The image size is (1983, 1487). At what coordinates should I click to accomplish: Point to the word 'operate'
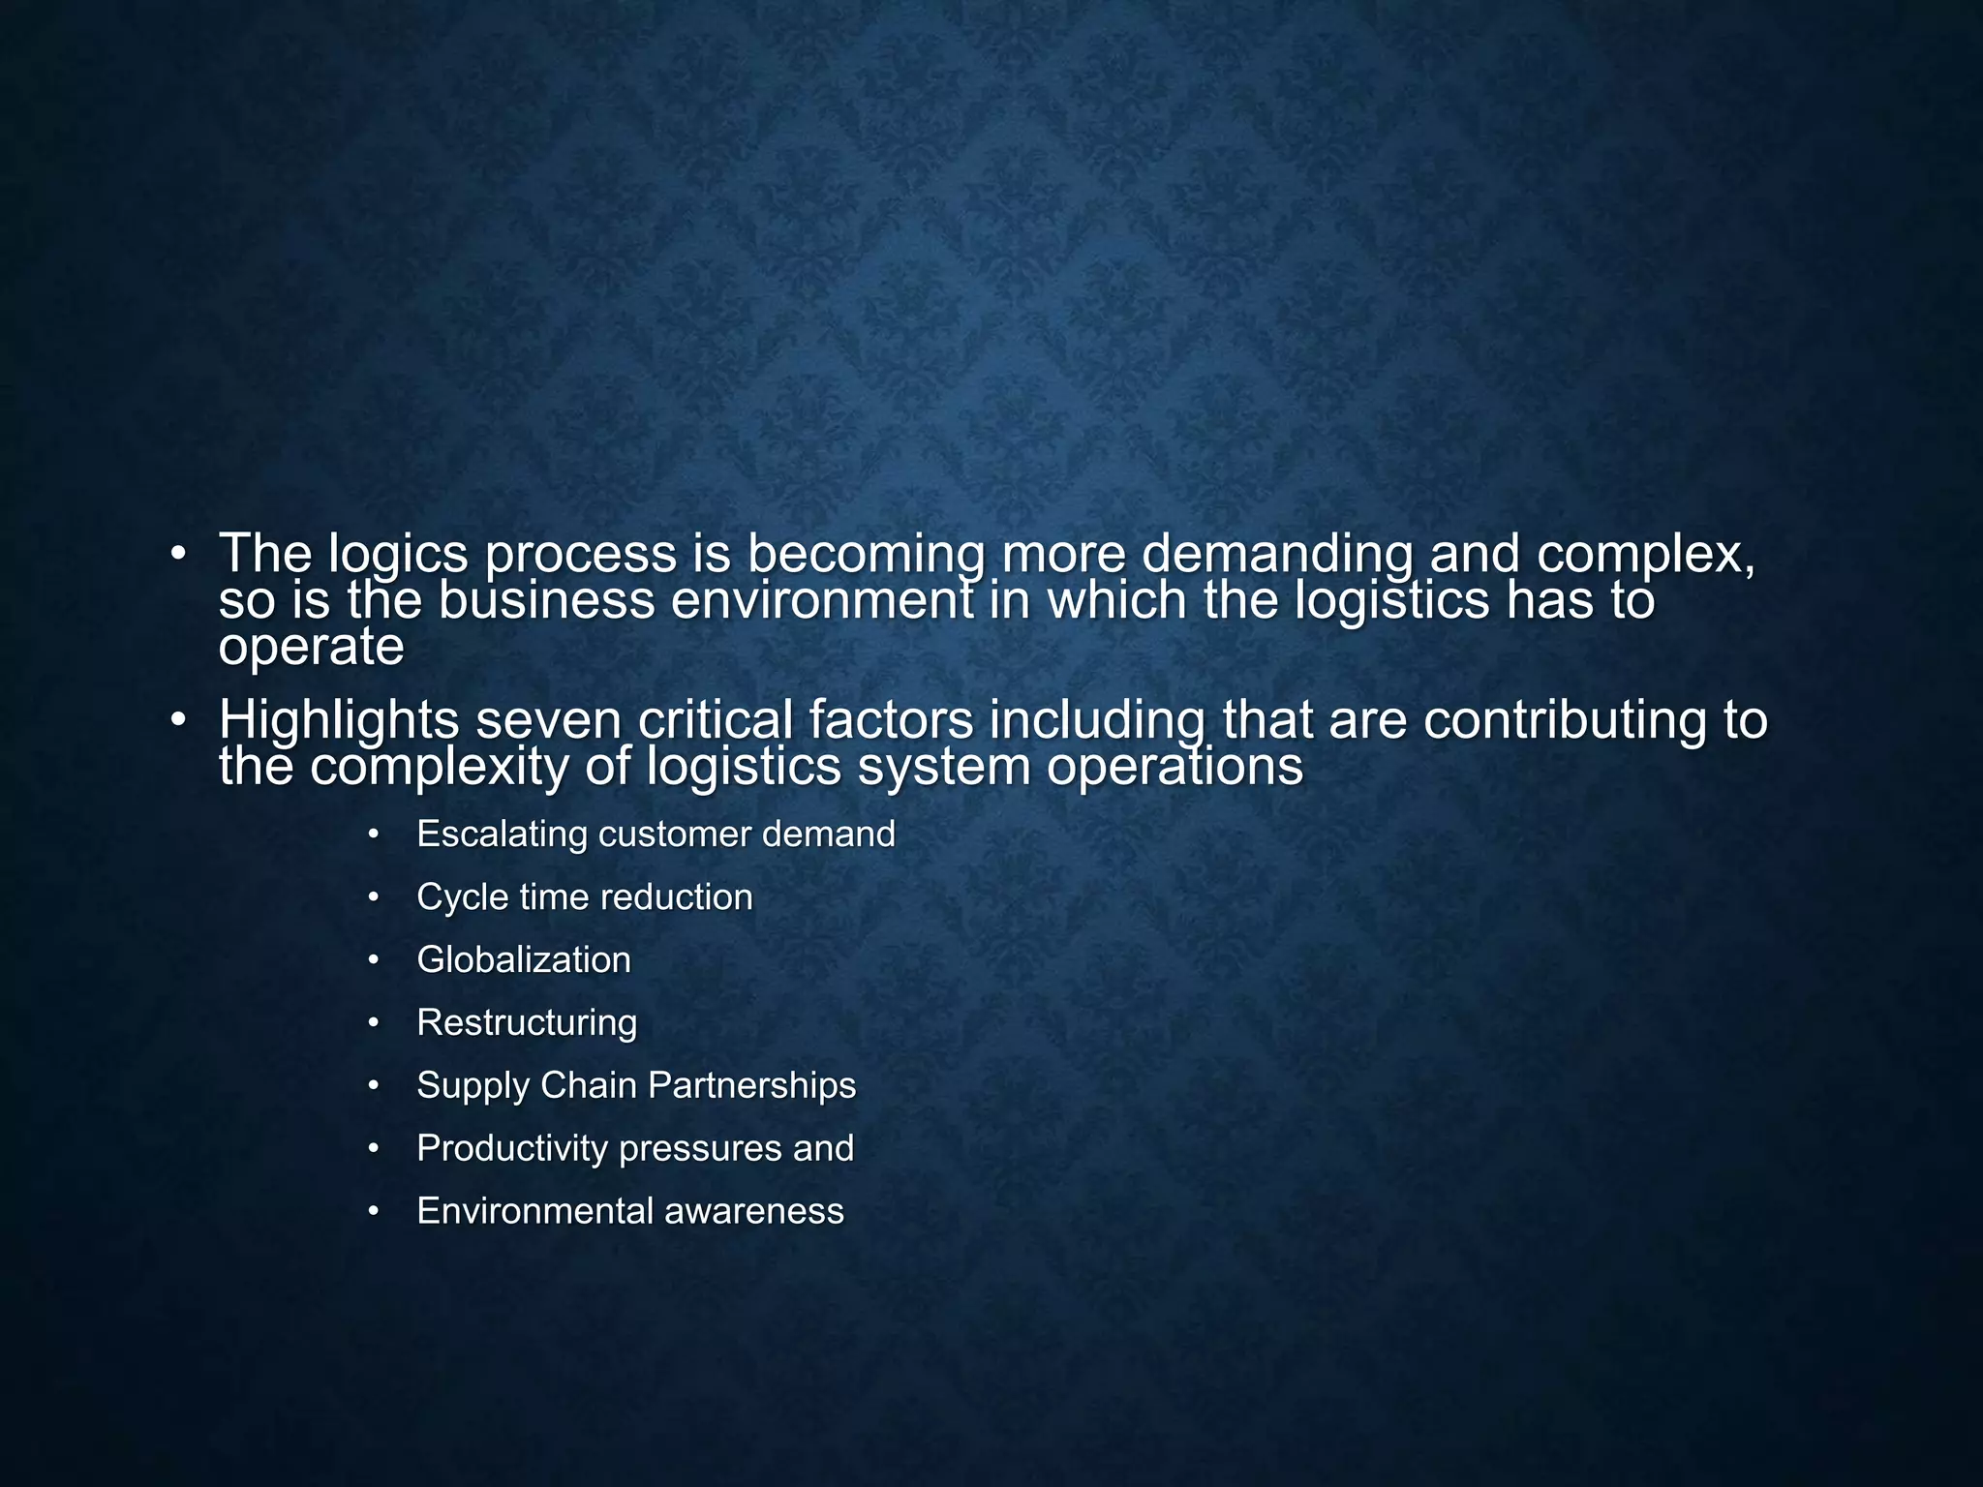point(311,647)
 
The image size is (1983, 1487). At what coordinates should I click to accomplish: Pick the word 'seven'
point(547,720)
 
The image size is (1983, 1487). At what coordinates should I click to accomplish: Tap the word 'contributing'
point(1564,720)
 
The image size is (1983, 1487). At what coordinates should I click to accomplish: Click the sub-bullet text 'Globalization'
point(524,960)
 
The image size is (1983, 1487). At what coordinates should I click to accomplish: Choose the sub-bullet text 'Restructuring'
point(527,1023)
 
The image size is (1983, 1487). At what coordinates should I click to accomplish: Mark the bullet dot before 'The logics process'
point(177,555)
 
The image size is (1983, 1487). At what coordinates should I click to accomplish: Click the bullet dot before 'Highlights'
point(177,721)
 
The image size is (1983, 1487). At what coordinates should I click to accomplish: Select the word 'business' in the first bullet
point(547,600)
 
